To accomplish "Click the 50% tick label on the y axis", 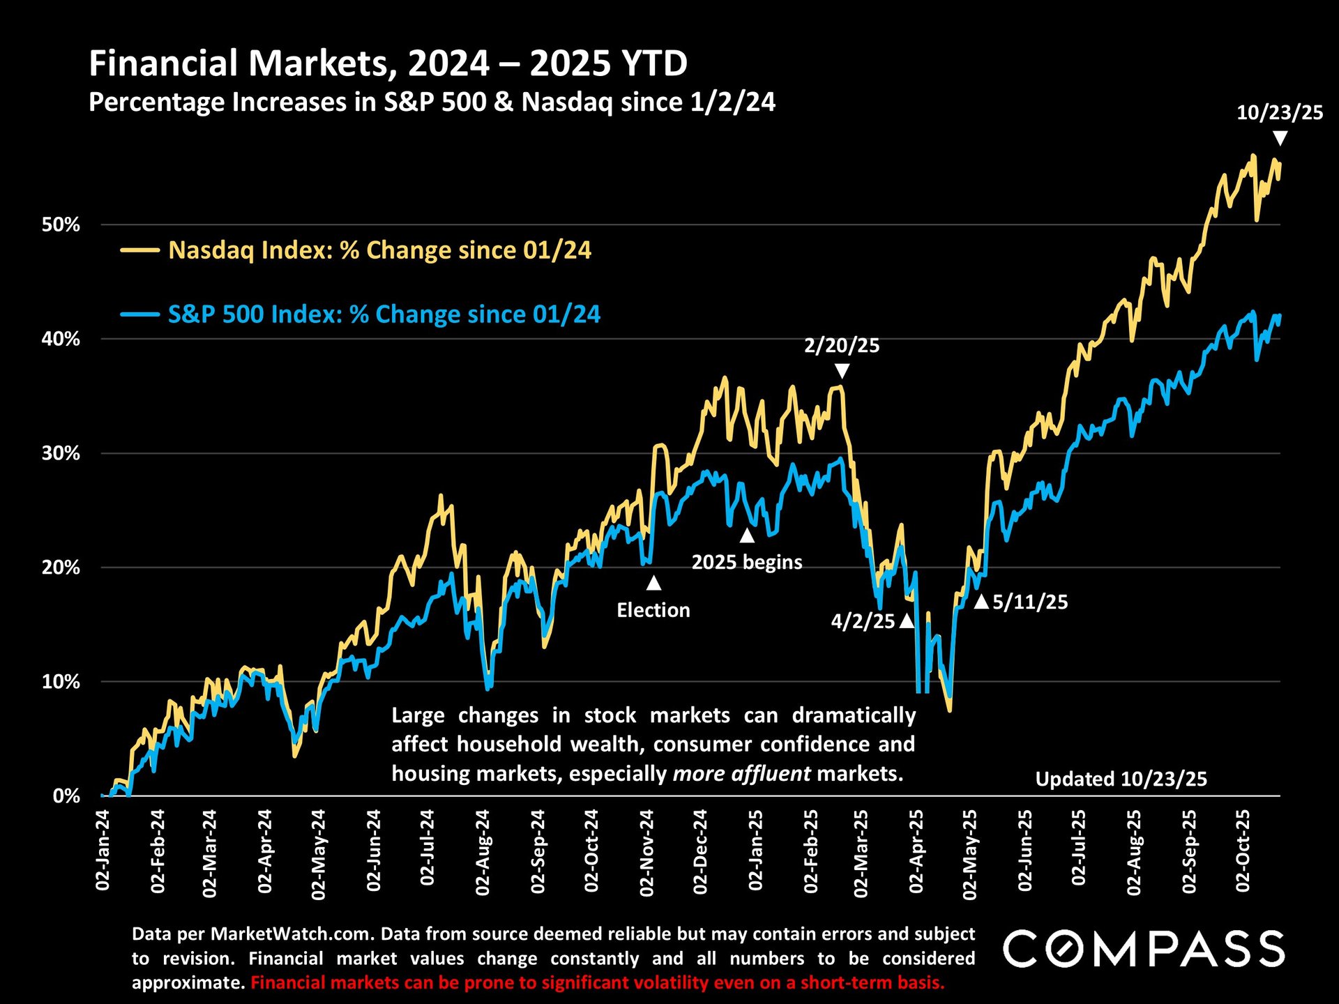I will pyautogui.click(x=61, y=225).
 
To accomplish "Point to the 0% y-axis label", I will pyautogui.click(x=66, y=796).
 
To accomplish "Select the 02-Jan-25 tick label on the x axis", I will pyautogui.click(x=755, y=850).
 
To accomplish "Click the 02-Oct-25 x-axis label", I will pyautogui.click(x=1243, y=851).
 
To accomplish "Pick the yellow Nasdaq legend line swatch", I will pyautogui.click(x=140, y=250).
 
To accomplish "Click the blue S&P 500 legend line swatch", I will pyautogui.click(x=140, y=314).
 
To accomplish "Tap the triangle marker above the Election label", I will pyautogui.click(x=653, y=583).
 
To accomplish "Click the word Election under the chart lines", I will pyautogui.click(x=653, y=611).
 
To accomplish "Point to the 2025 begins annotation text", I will pyautogui.click(x=747, y=562).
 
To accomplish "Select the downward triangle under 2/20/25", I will pyautogui.click(x=842, y=370).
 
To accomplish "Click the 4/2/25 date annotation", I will pyautogui.click(x=863, y=621).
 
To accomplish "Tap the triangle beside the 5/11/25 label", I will pyautogui.click(x=981, y=602).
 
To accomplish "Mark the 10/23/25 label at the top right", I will pyautogui.click(x=1280, y=113).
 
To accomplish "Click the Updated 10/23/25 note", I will pyautogui.click(x=1121, y=779).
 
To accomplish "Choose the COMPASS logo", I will pyautogui.click(x=1144, y=949).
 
